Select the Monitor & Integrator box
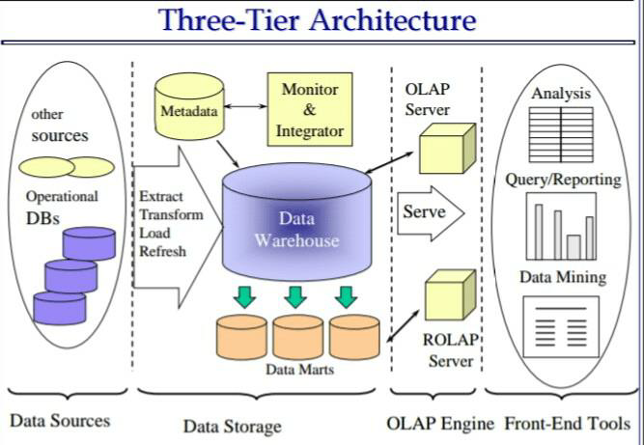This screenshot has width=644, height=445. [x=310, y=109]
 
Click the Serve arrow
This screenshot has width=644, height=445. [x=431, y=213]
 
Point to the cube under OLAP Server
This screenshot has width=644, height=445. [x=447, y=149]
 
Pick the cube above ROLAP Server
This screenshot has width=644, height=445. [x=450, y=294]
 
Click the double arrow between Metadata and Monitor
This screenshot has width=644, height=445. [x=245, y=106]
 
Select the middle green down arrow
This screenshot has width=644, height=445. [x=295, y=297]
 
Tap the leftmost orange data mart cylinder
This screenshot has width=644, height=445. [x=241, y=337]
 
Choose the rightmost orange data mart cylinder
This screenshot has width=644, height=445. [x=354, y=337]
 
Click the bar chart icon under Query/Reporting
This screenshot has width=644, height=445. [x=561, y=226]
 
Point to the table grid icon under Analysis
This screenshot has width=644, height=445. [x=561, y=134]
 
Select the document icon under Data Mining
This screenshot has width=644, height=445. [x=561, y=327]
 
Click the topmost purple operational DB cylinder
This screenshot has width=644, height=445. [x=89, y=243]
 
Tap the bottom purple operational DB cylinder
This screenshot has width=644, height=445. [x=60, y=308]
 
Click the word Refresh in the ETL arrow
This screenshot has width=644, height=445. [x=162, y=251]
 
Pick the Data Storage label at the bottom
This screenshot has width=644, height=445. [x=233, y=427]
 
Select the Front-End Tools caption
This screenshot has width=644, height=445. [x=567, y=423]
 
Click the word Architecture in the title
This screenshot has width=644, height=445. [x=393, y=19]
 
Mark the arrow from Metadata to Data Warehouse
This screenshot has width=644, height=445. [x=228, y=153]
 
